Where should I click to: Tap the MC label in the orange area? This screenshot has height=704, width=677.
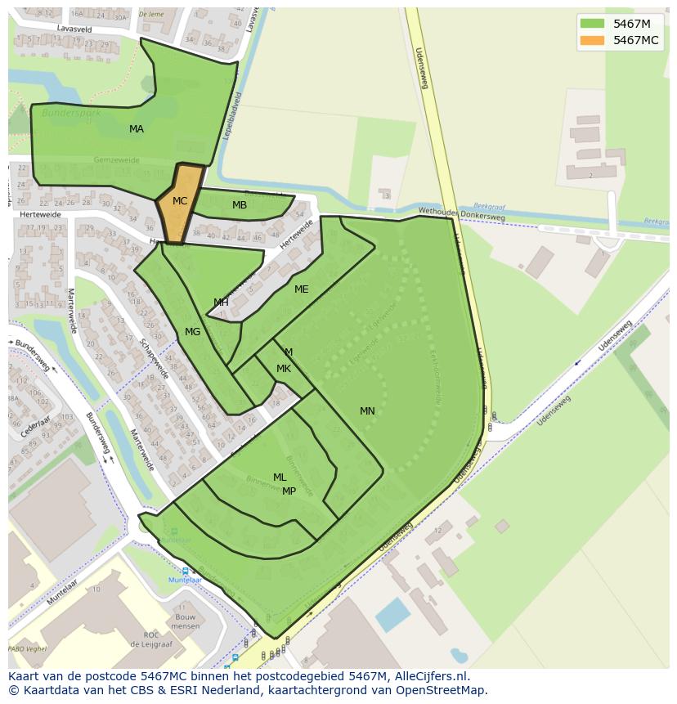(180, 200)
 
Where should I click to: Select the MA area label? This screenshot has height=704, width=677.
(137, 129)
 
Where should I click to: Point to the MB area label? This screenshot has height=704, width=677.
(240, 205)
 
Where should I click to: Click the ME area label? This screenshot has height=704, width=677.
(302, 289)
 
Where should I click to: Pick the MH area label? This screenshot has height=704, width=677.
(221, 303)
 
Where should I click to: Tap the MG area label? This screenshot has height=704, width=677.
(193, 332)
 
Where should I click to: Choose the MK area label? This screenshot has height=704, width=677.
(284, 369)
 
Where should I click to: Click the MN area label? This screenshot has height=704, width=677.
(367, 411)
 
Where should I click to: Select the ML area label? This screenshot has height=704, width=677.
(280, 478)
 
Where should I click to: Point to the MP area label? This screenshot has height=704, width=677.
(289, 491)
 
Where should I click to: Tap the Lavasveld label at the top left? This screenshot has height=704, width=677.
(74, 29)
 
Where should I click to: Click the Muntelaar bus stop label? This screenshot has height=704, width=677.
(185, 580)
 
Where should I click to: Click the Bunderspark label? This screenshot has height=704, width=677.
(71, 113)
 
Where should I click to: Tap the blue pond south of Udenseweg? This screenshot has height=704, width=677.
(393, 614)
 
